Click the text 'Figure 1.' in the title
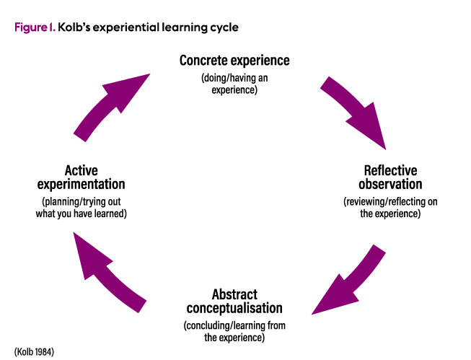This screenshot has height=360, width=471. [35, 27]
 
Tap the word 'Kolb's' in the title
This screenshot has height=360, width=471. [76, 27]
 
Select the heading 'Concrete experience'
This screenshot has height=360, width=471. [234, 60]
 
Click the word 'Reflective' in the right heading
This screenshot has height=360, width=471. [390, 171]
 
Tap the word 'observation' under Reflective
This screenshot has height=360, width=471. [390, 185]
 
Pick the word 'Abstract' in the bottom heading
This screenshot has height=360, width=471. [234, 294]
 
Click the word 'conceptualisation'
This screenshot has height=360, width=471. [234, 308]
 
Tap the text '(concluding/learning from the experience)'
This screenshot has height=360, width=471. [234, 331]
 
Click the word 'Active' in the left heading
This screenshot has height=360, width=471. [81, 171]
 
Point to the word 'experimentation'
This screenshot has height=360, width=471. [81, 185]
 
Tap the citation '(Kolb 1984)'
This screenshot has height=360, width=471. [35, 351]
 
